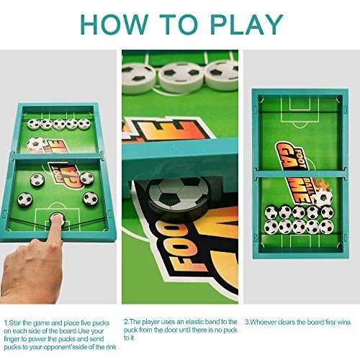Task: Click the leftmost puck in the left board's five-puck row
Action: click(x=32, y=124)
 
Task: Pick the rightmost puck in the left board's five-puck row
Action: click(x=84, y=124)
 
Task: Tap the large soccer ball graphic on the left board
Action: click(x=34, y=144)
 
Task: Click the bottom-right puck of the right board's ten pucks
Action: click(x=328, y=228)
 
